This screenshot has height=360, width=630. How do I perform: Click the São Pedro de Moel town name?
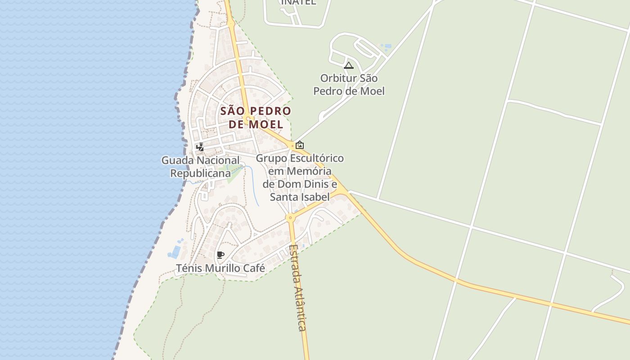(256, 117)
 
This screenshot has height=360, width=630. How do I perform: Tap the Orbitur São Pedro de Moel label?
(349, 85)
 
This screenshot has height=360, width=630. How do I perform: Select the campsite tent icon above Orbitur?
(349, 66)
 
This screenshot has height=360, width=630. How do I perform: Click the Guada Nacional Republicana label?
(200, 166)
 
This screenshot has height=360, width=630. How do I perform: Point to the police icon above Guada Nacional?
(200, 147)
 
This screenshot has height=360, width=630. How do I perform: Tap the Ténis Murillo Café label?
(220, 269)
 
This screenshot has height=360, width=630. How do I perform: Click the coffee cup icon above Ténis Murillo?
(220, 255)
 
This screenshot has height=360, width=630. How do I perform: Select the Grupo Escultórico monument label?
(300, 177)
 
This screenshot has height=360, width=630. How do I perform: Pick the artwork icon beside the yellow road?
(300, 145)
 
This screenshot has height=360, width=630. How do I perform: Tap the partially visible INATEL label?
(299, 2)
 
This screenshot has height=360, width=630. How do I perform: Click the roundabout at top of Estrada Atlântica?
(290, 217)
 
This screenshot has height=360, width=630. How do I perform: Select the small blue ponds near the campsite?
(386, 46)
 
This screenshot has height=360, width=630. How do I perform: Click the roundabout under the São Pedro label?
(248, 119)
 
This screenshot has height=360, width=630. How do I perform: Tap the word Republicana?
(200, 173)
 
